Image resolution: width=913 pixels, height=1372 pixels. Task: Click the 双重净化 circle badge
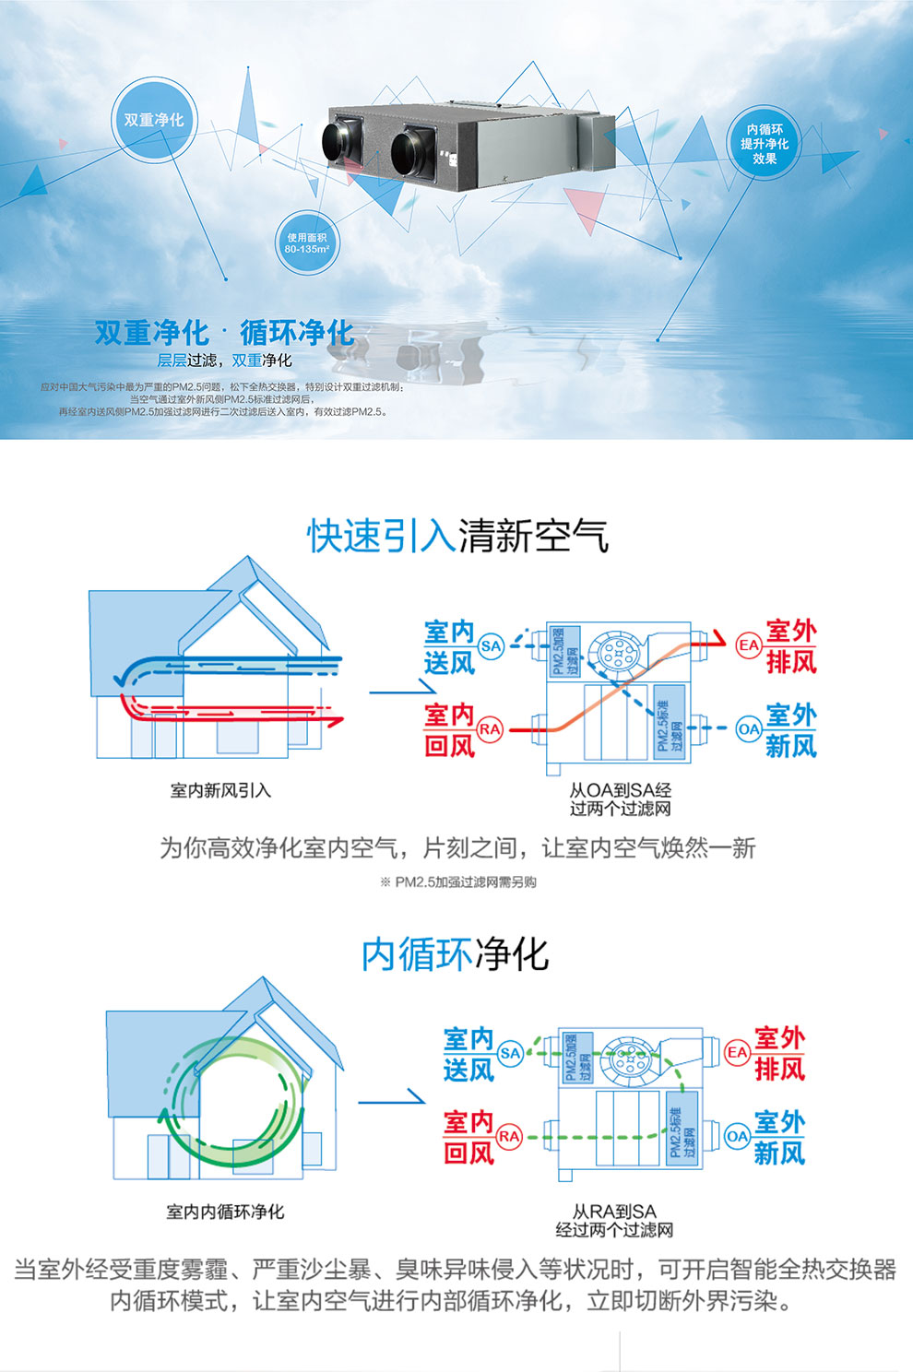point(154,120)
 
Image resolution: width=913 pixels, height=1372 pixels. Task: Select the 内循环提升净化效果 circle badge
point(765,144)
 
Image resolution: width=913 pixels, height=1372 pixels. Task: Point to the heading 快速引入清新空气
point(457,536)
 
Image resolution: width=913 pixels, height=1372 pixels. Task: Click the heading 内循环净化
point(455,954)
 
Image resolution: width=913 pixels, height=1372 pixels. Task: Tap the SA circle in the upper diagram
point(491,645)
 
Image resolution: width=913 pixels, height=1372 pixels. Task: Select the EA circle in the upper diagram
point(748,645)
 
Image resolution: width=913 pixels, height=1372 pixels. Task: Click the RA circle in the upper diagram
point(490,729)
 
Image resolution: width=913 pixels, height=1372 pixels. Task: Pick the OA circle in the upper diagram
point(748,729)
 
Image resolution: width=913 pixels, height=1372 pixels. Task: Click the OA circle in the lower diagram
point(737,1136)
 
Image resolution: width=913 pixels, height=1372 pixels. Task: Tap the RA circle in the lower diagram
point(509,1136)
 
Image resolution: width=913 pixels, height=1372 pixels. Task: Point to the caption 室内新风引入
point(220,790)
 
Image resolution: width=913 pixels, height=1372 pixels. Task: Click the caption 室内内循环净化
point(225,1212)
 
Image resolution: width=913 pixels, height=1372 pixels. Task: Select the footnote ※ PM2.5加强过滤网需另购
point(457,881)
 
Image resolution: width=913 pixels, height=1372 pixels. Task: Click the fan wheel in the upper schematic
point(613,653)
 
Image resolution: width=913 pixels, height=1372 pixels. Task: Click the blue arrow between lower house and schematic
point(391,1099)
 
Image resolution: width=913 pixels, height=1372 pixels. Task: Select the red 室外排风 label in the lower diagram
point(779,1053)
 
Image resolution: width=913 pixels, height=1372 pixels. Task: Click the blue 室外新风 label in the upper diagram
point(791,729)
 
